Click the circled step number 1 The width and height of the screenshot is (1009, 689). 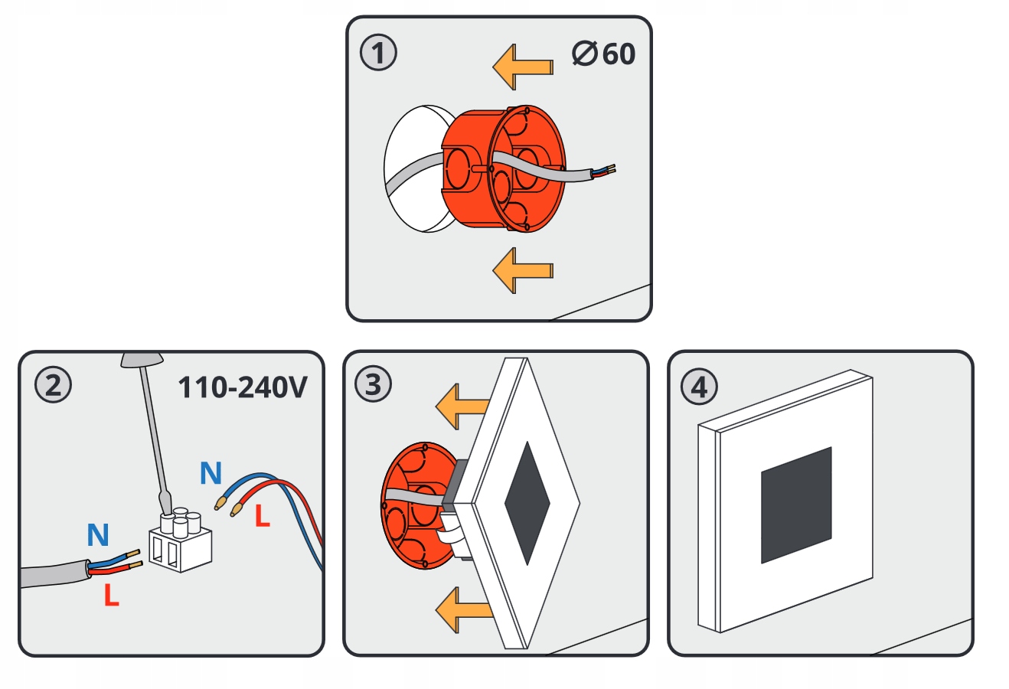(x=379, y=54)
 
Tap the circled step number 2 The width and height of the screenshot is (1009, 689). (x=54, y=386)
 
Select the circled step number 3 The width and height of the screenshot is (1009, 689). (x=373, y=384)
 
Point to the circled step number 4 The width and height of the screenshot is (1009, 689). (x=699, y=387)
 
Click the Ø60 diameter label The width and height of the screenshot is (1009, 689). (x=603, y=54)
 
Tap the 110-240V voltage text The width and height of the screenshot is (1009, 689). (x=242, y=387)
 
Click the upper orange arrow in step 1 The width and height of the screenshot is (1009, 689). (x=522, y=67)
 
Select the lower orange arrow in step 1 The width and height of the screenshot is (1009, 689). (x=522, y=269)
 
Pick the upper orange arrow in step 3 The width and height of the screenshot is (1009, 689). (x=462, y=407)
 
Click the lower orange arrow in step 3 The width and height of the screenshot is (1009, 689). (x=462, y=609)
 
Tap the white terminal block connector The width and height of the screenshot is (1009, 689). (x=180, y=541)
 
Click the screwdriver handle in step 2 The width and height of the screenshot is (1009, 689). (x=143, y=360)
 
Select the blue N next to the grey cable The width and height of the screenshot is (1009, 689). (x=98, y=535)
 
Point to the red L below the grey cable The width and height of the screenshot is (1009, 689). (x=112, y=595)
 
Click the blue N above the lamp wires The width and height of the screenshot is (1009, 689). (x=211, y=474)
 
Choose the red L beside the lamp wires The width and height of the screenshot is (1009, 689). (x=263, y=517)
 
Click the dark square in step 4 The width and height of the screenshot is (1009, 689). (x=796, y=505)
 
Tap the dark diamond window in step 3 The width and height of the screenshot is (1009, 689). (x=527, y=503)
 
